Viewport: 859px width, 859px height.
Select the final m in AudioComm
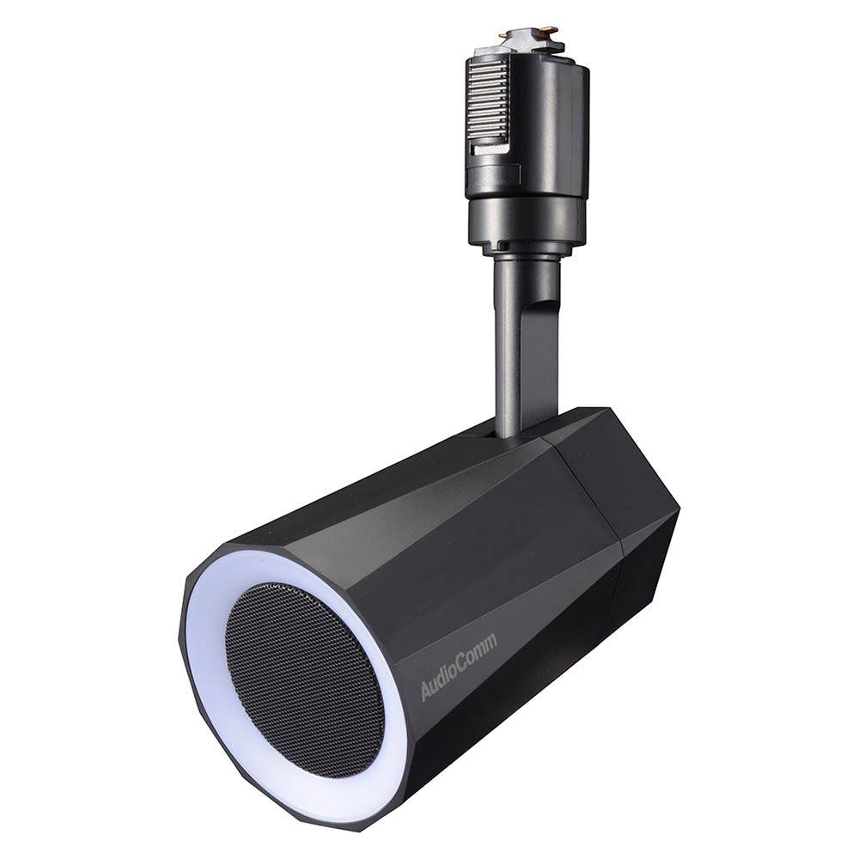click(x=490, y=643)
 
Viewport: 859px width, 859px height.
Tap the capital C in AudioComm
click(x=462, y=664)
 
